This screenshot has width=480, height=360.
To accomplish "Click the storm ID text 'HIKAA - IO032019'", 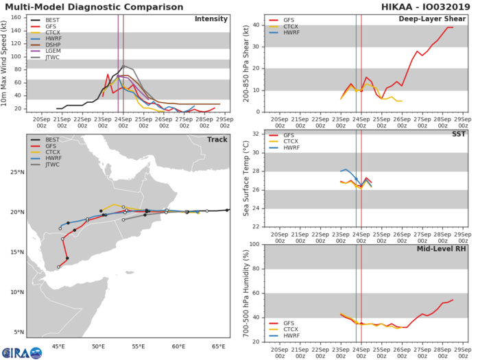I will [431, 6].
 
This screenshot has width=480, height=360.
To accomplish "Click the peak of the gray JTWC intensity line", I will [123, 66].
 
